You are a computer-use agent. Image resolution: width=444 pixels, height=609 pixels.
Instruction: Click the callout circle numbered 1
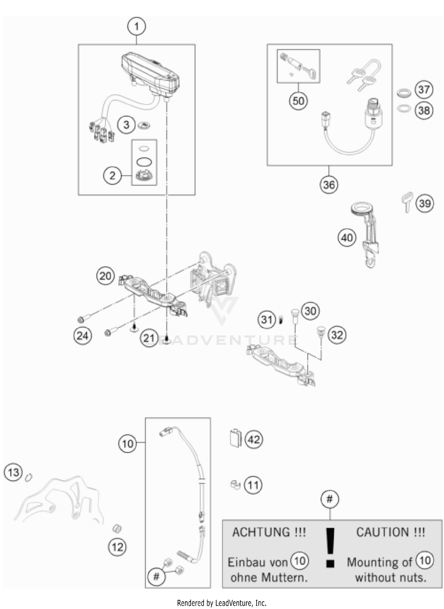coord(136,27)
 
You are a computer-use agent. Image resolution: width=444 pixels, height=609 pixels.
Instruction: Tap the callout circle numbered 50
coord(298,101)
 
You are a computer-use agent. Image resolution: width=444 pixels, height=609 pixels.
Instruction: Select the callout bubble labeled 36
coord(329,185)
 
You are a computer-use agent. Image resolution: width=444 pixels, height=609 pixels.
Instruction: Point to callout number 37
coord(424,89)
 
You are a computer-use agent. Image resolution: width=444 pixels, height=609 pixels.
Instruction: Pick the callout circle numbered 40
coord(347,238)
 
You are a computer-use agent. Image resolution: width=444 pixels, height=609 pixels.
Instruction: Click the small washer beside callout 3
coord(144,126)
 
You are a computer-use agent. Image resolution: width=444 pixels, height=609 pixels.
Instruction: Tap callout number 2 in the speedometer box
coord(112,176)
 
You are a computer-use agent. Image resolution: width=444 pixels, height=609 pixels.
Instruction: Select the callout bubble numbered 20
coord(105,276)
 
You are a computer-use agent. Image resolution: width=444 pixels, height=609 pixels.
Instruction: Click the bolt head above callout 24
coord(81,320)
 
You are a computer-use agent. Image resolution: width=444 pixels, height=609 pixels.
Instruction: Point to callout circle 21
coord(149,338)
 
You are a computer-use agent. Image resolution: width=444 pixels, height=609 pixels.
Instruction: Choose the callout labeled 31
coord(267,319)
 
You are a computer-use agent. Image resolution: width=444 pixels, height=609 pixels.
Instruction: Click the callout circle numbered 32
coord(337,335)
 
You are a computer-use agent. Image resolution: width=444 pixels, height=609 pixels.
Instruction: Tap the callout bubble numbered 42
coord(254,439)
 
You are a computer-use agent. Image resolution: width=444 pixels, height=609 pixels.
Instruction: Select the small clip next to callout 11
coord(235,485)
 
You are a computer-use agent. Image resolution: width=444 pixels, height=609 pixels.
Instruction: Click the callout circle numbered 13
coord(13,472)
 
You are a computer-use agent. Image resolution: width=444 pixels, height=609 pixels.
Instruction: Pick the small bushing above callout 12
coord(117,528)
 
